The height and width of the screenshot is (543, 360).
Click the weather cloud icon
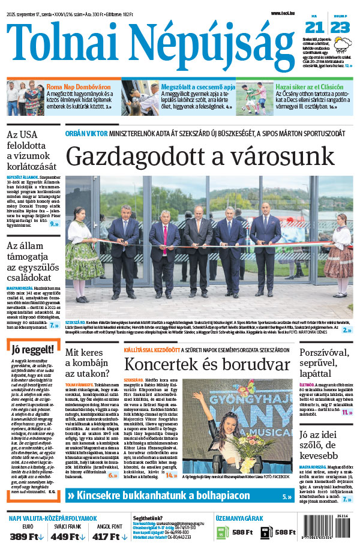tap(343, 44)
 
